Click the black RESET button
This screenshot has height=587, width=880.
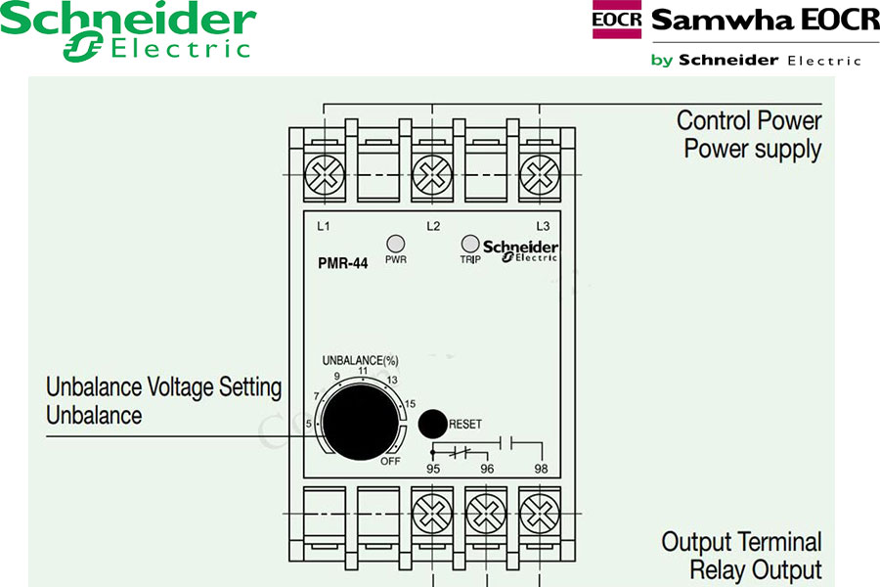click(x=432, y=424)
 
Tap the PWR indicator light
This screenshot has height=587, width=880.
click(x=396, y=244)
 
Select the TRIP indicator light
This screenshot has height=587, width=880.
click(x=469, y=244)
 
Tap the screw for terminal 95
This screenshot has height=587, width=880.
click(x=431, y=512)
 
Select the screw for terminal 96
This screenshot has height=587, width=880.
click(x=484, y=512)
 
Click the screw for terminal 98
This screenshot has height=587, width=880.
click(x=537, y=512)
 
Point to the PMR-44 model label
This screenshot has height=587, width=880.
click(x=342, y=262)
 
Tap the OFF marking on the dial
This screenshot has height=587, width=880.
click(x=391, y=460)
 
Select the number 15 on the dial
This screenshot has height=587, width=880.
click(x=410, y=404)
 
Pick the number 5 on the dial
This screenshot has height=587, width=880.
click(x=309, y=423)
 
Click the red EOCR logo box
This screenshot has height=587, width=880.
click(x=617, y=20)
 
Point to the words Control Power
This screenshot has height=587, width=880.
click(x=749, y=121)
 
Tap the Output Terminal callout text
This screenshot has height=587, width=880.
click(x=741, y=542)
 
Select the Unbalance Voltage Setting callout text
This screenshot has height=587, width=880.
click(x=164, y=387)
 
